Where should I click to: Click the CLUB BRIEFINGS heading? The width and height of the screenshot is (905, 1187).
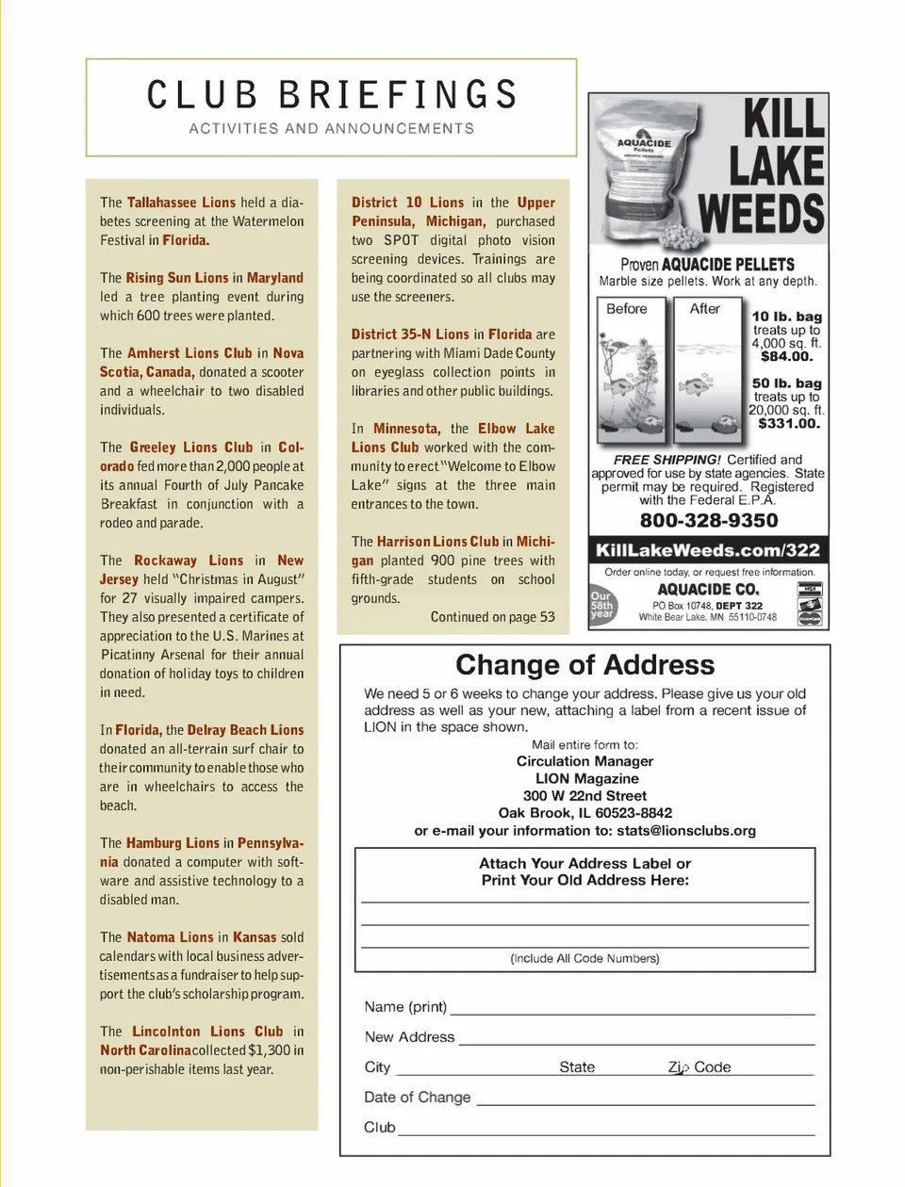pos(332,95)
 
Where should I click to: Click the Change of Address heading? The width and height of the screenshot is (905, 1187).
pos(584,665)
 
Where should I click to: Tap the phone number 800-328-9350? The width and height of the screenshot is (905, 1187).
pos(709,521)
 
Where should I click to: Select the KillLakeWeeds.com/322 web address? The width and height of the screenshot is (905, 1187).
pos(708,550)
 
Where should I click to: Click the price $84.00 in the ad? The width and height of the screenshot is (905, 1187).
pos(786,356)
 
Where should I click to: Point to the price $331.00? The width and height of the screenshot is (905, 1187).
pos(789,424)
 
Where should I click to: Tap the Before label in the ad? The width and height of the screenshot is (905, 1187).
pos(627,309)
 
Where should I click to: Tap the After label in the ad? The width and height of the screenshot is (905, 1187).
pos(704,309)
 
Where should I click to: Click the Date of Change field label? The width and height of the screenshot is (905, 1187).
pos(417,1098)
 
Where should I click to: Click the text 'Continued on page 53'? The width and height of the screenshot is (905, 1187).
pos(492,617)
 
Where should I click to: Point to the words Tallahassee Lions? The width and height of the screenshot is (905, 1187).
pos(181,203)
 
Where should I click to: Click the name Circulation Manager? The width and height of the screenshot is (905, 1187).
pos(584,761)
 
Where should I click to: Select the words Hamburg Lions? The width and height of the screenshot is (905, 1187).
pos(173,843)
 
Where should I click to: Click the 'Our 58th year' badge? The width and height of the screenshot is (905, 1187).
pos(601,605)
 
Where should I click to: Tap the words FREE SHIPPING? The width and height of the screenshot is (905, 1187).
pos(666,460)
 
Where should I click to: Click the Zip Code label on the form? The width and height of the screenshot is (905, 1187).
pos(699,1067)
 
